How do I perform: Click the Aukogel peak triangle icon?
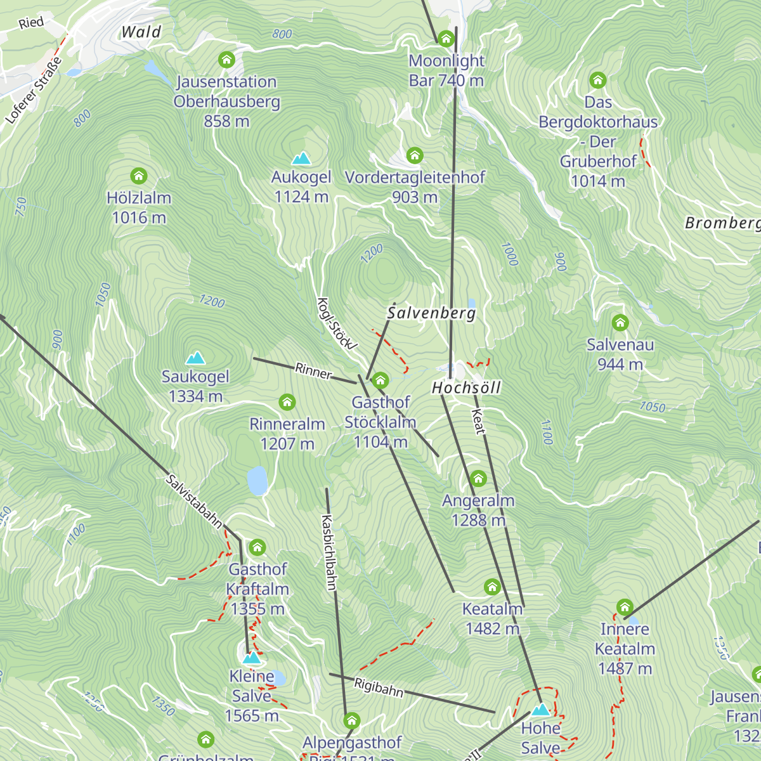pos(301,158)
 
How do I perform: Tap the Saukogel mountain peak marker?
pos(195,358)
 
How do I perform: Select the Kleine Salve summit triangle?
pos(252,657)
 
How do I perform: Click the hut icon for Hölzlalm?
pos(138,176)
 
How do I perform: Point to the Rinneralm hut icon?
pos(287,401)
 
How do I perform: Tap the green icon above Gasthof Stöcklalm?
pos(380,380)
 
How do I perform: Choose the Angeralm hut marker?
pos(478,478)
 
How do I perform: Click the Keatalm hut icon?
pos(492,587)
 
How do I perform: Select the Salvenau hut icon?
pos(620,323)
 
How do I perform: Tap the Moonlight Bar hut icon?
pos(446,39)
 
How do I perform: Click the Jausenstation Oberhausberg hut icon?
pos(226,60)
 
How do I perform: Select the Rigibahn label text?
pos(379,687)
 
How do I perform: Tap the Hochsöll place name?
pos(466,387)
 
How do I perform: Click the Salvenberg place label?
pos(431,313)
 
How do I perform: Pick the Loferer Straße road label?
pos(34,91)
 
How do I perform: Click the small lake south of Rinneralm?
pos(257,481)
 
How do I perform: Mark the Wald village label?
pos(141,32)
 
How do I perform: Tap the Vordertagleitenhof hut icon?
pos(415,155)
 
